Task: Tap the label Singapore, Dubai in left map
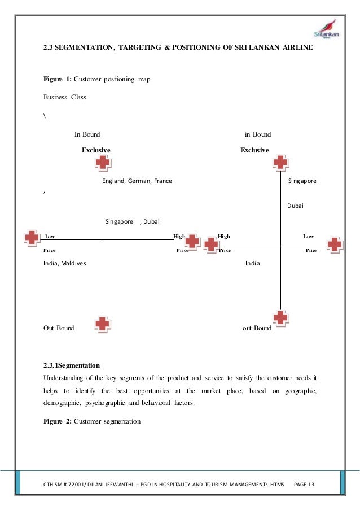(x=133, y=222)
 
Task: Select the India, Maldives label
(x=65, y=264)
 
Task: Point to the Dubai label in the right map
(x=295, y=206)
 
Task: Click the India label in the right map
(x=252, y=264)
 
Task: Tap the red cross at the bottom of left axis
(x=102, y=324)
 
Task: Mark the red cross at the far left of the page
(x=32, y=238)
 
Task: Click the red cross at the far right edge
(x=335, y=245)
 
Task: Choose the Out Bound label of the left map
(x=59, y=328)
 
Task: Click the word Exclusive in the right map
(x=254, y=150)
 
